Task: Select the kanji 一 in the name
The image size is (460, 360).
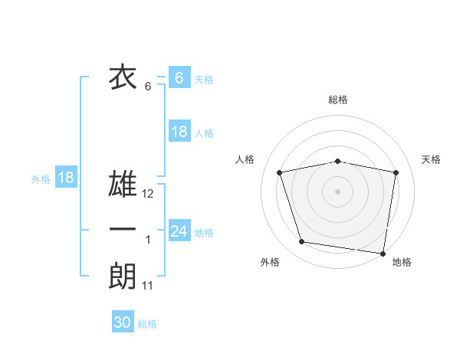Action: point(123,230)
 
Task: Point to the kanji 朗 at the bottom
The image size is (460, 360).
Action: point(123,277)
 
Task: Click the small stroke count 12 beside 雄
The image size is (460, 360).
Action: point(148,195)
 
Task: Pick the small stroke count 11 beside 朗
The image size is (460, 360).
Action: point(148,286)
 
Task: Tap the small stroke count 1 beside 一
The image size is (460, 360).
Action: point(148,240)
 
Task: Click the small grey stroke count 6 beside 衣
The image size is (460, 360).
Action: point(148,87)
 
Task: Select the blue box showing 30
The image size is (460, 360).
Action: point(123,322)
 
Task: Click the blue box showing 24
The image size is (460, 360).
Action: point(179,231)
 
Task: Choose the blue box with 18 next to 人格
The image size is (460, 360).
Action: point(179,132)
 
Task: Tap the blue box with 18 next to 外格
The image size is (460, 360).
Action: point(66,178)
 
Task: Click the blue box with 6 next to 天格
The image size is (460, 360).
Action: point(179,77)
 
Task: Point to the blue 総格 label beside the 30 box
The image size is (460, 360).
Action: point(147,324)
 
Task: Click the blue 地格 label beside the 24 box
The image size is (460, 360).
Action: point(204,232)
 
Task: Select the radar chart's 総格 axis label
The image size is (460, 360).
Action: point(338,100)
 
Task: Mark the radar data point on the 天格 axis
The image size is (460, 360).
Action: point(396,172)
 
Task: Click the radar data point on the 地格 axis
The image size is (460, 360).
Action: point(383,252)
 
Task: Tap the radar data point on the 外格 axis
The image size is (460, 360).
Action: point(302,242)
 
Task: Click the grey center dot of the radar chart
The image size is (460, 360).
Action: point(338,191)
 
